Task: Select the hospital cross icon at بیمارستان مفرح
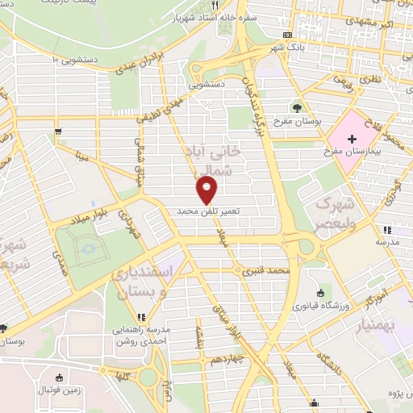click(x=351, y=139)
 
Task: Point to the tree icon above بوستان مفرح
click(x=297, y=107)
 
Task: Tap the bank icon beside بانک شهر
click(x=289, y=35)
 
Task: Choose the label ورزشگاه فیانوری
click(x=327, y=306)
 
